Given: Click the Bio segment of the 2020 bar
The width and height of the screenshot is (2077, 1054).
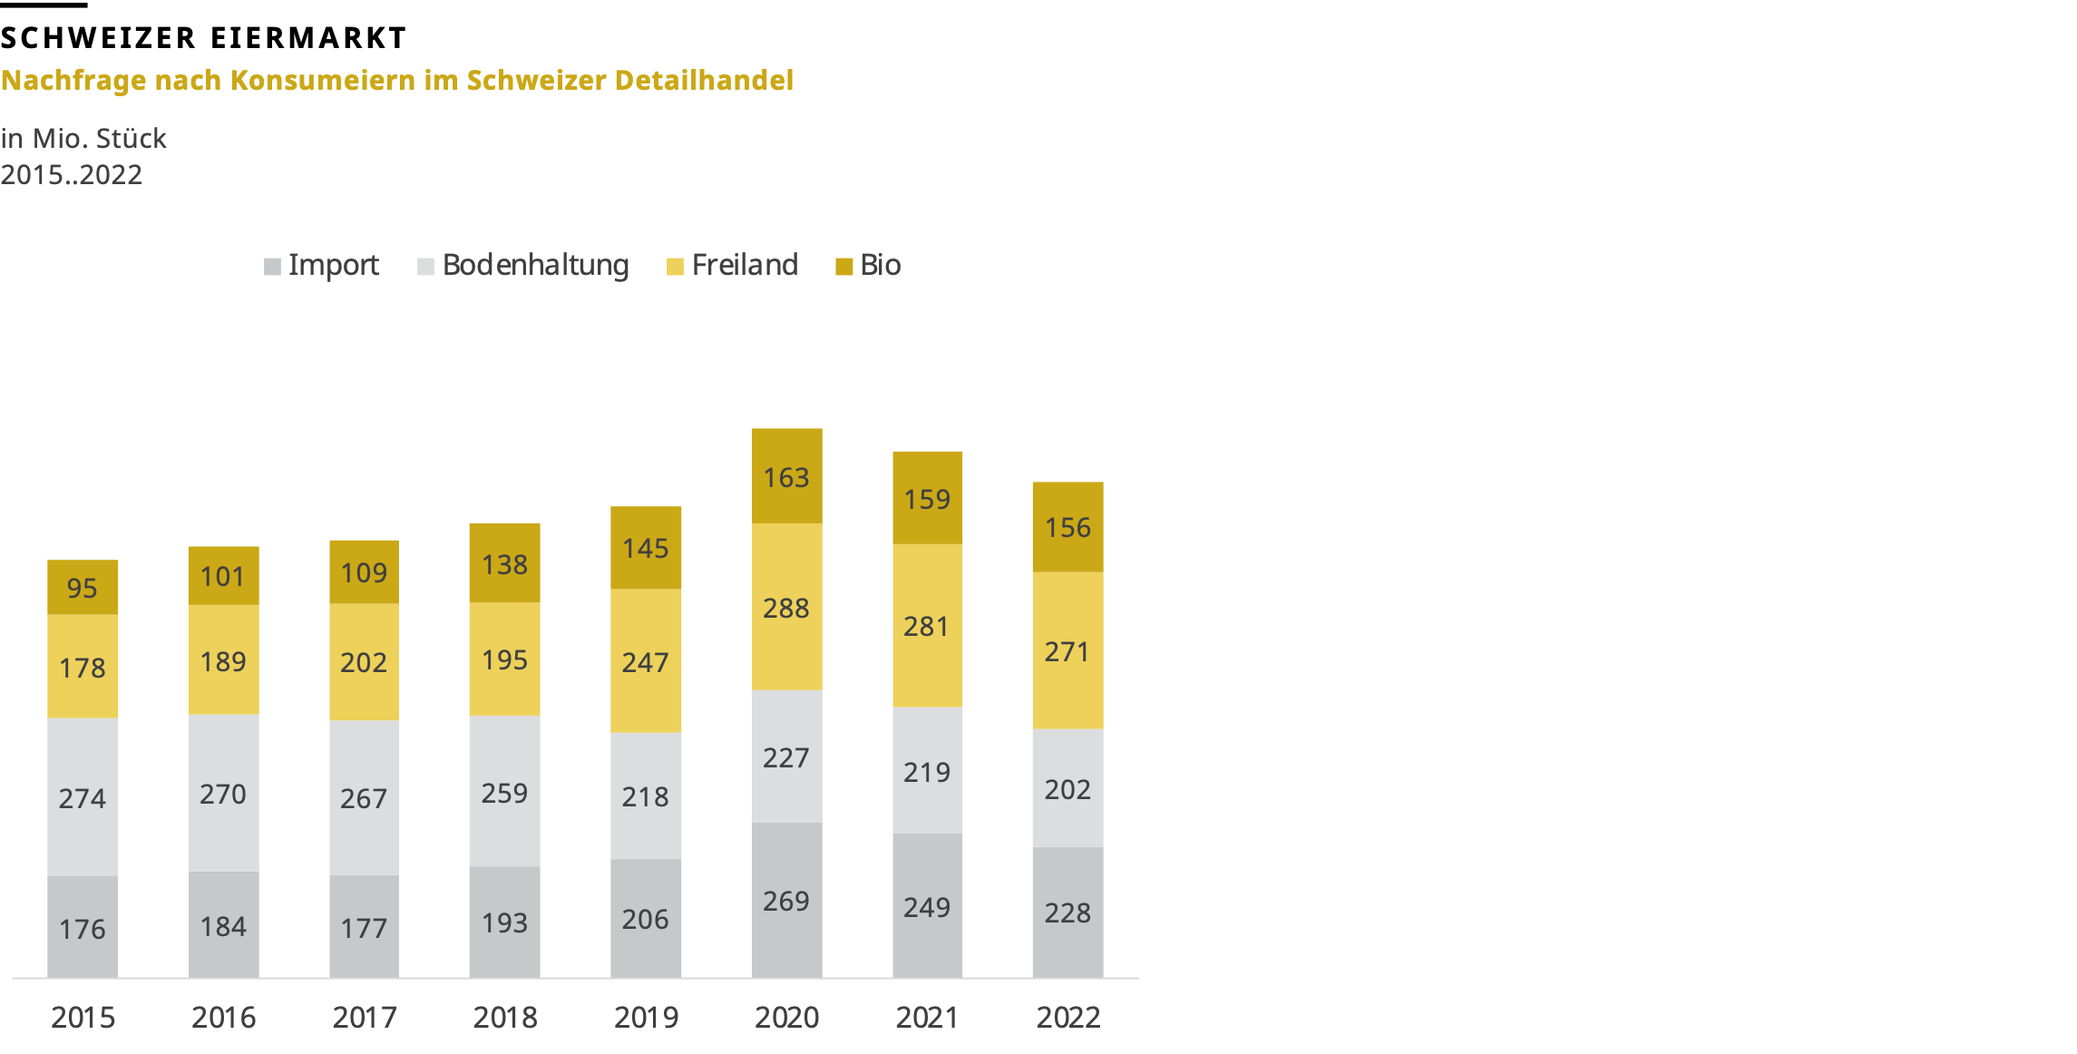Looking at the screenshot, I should click(x=786, y=476).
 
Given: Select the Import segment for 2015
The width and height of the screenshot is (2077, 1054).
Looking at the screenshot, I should click(x=83, y=927).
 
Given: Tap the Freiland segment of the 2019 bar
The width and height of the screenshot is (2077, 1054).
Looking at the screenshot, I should click(x=645, y=661).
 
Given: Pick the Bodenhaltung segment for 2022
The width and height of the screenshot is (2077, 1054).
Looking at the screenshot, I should click(x=1068, y=788).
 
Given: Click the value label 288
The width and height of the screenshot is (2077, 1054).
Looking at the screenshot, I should click(x=785, y=608).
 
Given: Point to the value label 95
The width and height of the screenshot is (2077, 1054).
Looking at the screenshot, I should click(x=82, y=588).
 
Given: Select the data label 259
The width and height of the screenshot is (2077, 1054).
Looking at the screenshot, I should click(x=504, y=793).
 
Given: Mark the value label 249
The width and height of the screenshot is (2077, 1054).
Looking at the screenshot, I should click(x=926, y=907).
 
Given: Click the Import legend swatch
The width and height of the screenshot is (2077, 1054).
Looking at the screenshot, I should click(x=272, y=267).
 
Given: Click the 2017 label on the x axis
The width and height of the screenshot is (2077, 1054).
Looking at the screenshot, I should click(x=365, y=1017).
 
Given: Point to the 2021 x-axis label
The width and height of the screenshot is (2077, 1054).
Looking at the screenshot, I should click(x=927, y=1017).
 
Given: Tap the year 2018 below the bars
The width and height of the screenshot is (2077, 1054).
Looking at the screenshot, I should click(x=505, y=1017).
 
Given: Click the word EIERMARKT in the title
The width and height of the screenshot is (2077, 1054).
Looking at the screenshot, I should click(x=308, y=38).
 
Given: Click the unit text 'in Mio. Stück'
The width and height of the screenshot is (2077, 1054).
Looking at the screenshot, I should click(x=83, y=138).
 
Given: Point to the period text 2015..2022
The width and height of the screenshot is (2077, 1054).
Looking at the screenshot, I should click(x=71, y=174).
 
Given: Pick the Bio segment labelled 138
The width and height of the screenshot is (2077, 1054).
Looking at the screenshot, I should click(x=504, y=563).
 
